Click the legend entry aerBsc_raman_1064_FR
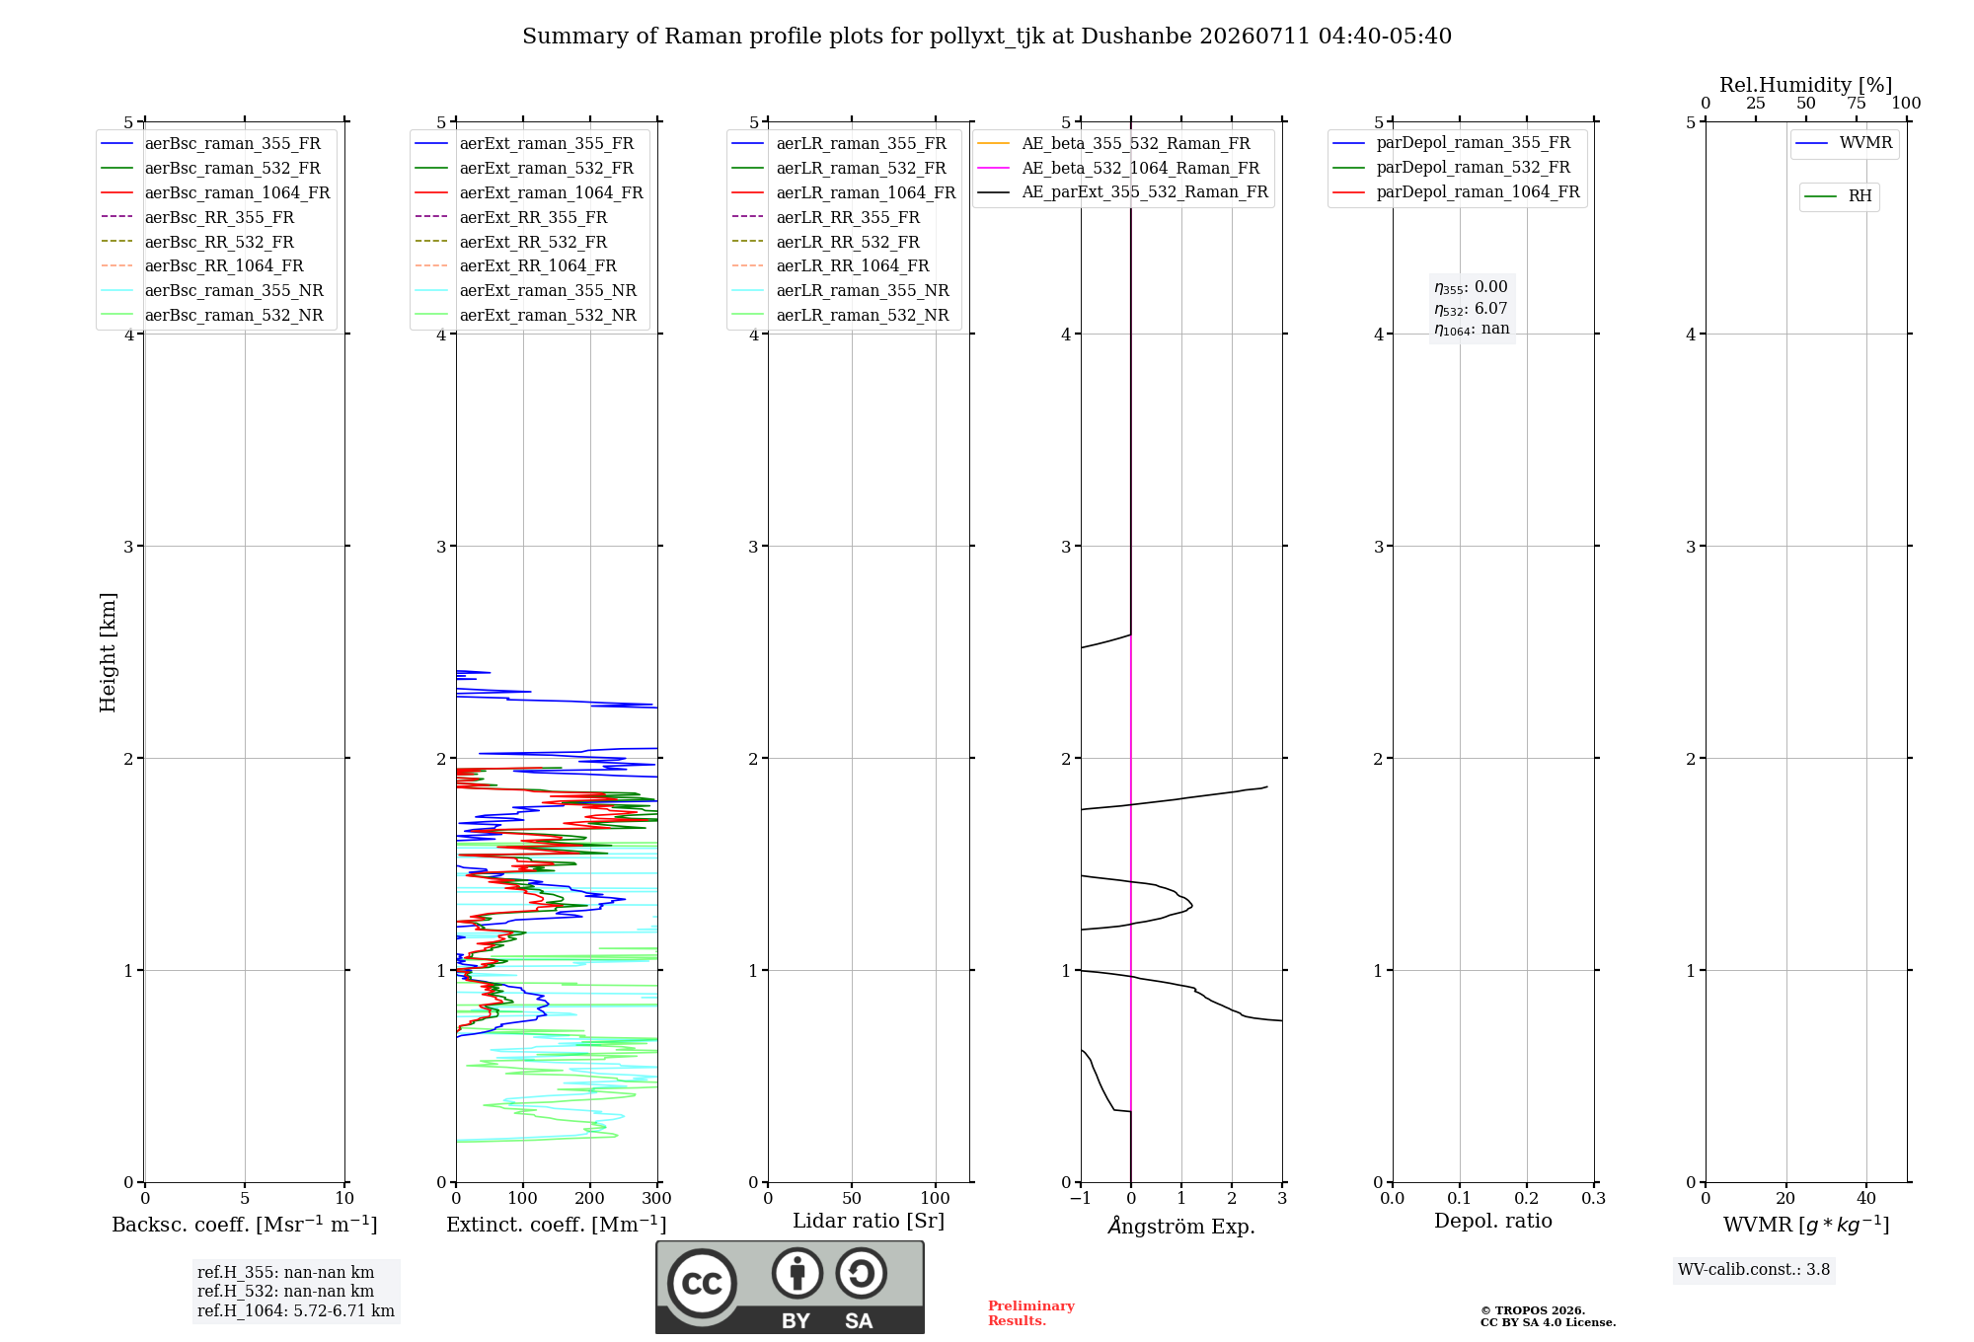[x=215, y=192]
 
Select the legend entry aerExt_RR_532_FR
[x=511, y=242]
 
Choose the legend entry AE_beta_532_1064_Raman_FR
[x=1118, y=168]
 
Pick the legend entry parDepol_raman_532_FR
[x=1452, y=168]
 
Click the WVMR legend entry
[x=1844, y=143]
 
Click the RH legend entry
[x=1838, y=196]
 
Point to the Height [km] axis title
[x=109, y=652]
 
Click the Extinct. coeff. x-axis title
[x=557, y=1225]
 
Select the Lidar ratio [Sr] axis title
[x=869, y=1221]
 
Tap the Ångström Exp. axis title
[x=1181, y=1226]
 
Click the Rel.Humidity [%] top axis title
[x=1806, y=85]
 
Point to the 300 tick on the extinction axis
[x=657, y=1199]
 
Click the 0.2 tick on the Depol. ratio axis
[x=1527, y=1199]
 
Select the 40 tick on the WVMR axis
[x=1866, y=1199]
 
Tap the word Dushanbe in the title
[x=1136, y=37]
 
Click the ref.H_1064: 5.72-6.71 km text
[x=296, y=1311]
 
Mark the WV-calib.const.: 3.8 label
[x=1754, y=1270]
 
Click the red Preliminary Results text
[x=1031, y=1313]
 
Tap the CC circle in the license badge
[x=702, y=1284]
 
